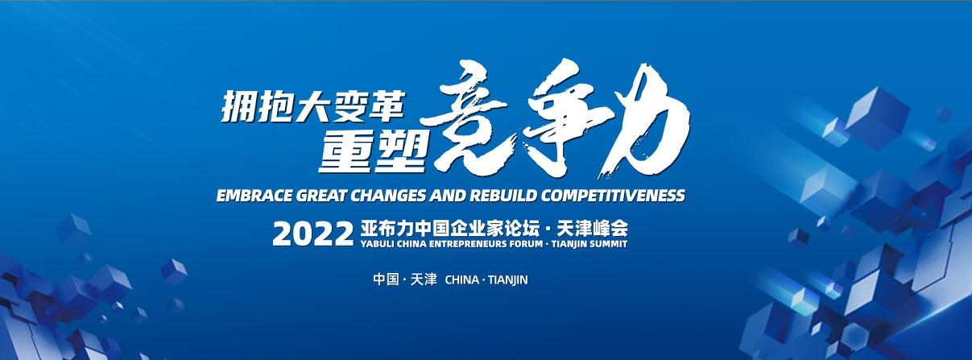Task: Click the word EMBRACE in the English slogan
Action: [x=254, y=196]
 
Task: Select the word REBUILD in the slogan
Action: [x=503, y=196]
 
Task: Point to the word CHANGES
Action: [x=388, y=196]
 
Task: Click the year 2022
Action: [x=313, y=234]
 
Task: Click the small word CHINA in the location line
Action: [x=462, y=280]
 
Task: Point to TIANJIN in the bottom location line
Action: [x=507, y=280]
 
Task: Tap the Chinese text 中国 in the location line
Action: [x=386, y=279]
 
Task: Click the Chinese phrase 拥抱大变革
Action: [x=313, y=106]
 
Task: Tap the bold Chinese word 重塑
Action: [x=372, y=151]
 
